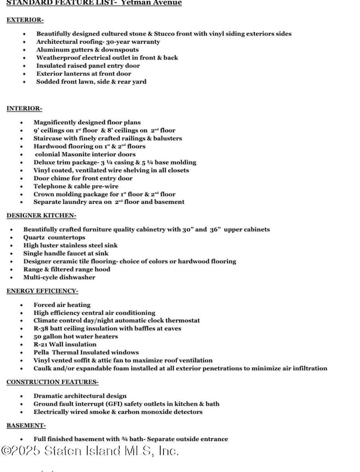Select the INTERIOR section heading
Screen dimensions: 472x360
[24, 109]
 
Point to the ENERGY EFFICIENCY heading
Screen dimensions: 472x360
[42, 291]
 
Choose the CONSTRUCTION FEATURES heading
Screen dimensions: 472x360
[53, 382]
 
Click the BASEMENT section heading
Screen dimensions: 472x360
[26, 425]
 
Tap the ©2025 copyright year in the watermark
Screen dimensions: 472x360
[21, 452]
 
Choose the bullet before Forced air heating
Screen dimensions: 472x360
[22, 305]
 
